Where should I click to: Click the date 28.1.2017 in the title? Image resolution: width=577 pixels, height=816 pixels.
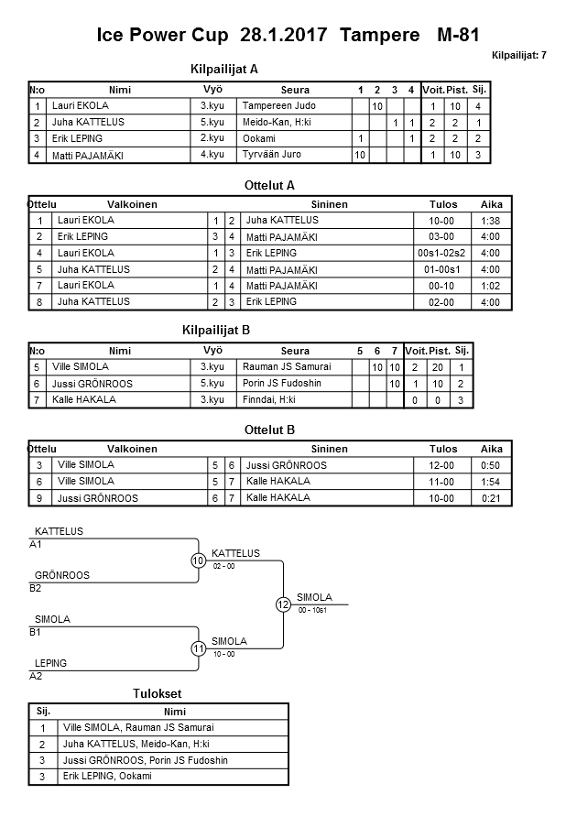click(285, 36)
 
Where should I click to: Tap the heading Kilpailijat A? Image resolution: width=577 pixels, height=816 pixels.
click(224, 69)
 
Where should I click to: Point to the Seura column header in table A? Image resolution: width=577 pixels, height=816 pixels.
click(295, 90)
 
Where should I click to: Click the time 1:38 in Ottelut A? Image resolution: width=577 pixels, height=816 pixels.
click(491, 221)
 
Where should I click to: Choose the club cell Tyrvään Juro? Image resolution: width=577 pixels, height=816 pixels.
click(272, 155)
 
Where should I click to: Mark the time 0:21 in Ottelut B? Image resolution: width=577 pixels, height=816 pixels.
click(491, 498)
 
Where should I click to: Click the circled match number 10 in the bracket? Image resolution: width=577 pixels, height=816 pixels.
click(198, 560)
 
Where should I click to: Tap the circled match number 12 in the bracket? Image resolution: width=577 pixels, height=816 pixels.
click(283, 604)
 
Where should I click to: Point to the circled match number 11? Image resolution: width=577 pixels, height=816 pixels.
click(198, 648)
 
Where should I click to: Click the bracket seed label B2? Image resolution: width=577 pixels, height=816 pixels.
click(36, 588)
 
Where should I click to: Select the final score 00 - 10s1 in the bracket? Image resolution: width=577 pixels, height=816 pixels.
click(313, 610)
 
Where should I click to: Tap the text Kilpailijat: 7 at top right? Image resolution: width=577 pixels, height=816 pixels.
click(518, 56)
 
